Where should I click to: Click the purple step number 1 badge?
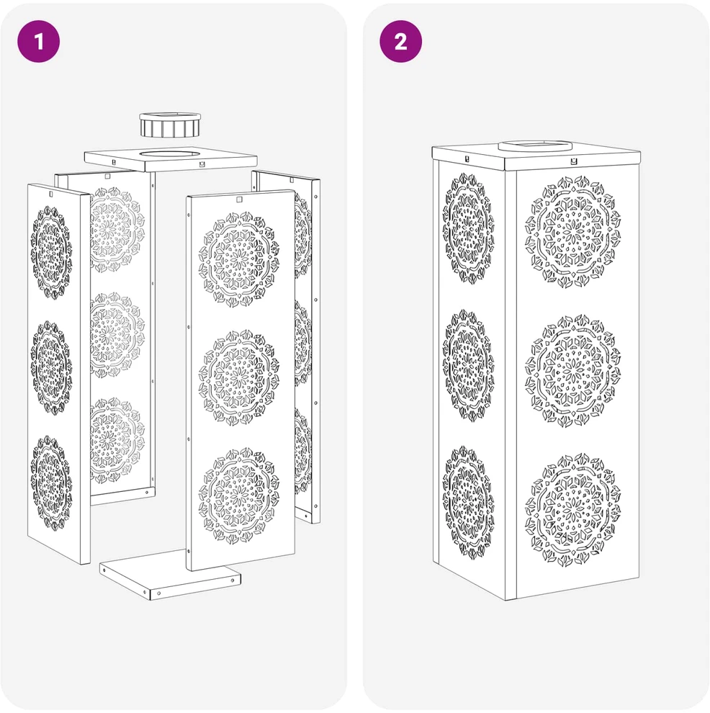pyautogui.click(x=39, y=41)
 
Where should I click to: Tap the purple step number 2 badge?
pyautogui.click(x=400, y=41)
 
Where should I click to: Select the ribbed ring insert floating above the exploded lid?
pyautogui.click(x=170, y=125)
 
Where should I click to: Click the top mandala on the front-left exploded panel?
pyautogui.click(x=51, y=252)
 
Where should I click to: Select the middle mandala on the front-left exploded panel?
pyautogui.click(x=51, y=367)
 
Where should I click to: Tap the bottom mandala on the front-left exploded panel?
pyautogui.click(x=51, y=483)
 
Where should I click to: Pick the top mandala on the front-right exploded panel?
pyautogui.click(x=239, y=259)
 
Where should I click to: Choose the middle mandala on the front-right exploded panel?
pyautogui.click(x=239, y=378)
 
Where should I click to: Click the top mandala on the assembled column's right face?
pyautogui.click(x=572, y=232)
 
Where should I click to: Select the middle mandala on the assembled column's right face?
pyautogui.click(x=572, y=371)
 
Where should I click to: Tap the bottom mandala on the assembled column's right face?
pyautogui.click(x=572, y=509)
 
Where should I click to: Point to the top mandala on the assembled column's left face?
pyautogui.click(x=469, y=228)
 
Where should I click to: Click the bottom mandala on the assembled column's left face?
pyautogui.click(x=469, y=503)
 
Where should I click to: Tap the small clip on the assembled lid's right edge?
pyautogui.click(x=574, y=161)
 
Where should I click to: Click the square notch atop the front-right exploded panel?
pyautogui.click(x=238, y=199)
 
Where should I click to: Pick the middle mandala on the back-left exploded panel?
pyautogui.click(x=117, y=335)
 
